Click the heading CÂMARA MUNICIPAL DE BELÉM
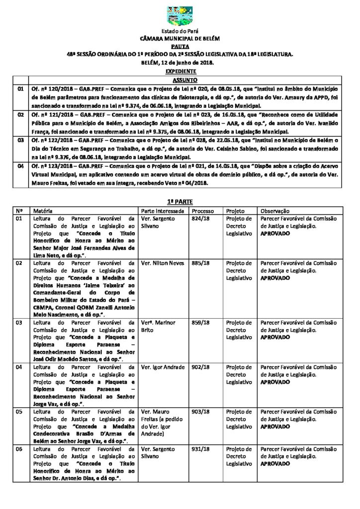pyautogui.click(x=180, y=38)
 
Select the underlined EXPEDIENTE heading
pyautogui.click(x=180, y=71)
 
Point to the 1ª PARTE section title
pyautogui.click(x=180, y=202)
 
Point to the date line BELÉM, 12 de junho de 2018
pyautogui.click(x=180, y=63)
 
